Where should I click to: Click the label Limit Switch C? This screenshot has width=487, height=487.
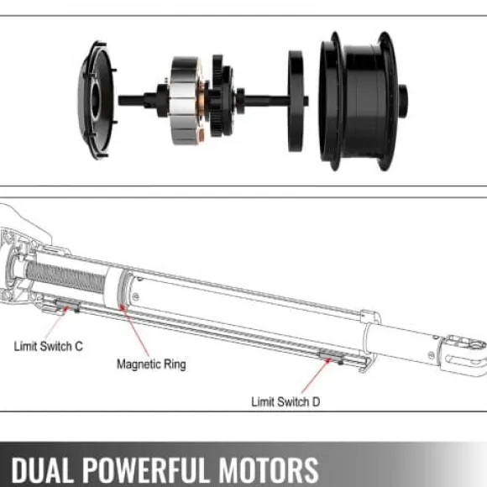[x=49, y=346]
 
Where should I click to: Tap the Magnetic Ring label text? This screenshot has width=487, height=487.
[x=151, y=364]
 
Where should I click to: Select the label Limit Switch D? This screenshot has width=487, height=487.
[x=285, y=401]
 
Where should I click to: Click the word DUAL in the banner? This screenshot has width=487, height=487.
[x=42, y=469]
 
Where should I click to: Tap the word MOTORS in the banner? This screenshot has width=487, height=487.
[x=269, y=469]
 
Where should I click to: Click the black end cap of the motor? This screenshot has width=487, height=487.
[x=97, y=100]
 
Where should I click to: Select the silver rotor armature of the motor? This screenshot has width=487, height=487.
[x=186, y=100]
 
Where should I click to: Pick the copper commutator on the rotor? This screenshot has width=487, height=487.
[x=201, y=102]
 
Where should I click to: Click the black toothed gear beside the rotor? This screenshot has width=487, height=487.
[x=221, y=96]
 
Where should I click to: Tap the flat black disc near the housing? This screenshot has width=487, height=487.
[x=296, y=102]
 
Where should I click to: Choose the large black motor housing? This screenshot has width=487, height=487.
[x=359, y=101]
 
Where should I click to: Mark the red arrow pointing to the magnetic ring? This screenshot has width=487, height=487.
[x=134, y=330]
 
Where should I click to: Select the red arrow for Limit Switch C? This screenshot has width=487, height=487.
[x=56, y=322]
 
